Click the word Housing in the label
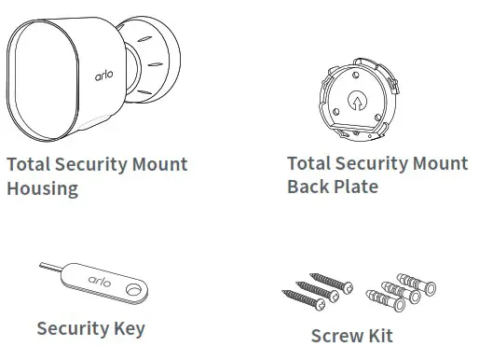(42, 188)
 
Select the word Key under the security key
(127, 328)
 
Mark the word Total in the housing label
(28, 164)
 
